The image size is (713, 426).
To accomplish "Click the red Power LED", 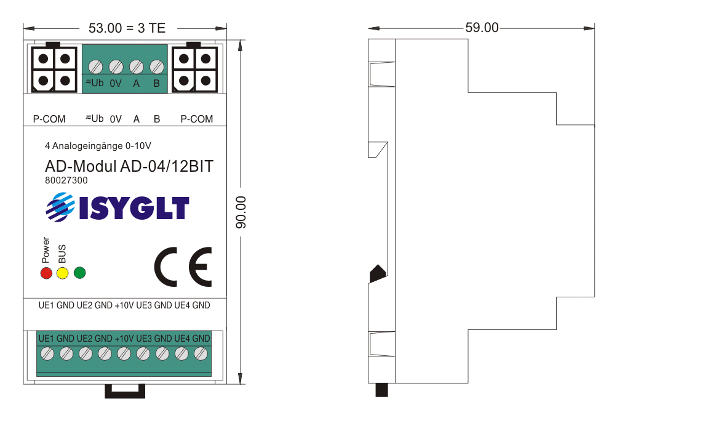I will pos(46,273).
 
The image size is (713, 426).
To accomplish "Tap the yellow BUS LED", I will pos(62,273).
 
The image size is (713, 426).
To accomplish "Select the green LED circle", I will pos(79,272).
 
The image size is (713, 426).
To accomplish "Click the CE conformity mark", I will pos(183,267).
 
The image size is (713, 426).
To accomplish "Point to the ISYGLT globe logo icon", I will pos(60,207).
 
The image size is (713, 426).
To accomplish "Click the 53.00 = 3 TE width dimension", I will pos(127,28).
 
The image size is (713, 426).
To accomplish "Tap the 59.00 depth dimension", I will pos(482,28).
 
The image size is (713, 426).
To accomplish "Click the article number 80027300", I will pos(66,181).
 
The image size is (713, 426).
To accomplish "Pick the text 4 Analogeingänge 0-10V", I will pos(98,147).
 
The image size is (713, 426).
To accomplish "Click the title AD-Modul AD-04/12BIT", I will pos(129,167).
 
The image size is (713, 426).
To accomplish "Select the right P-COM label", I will pos(197,119).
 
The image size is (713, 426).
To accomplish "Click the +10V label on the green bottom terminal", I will pos(124,339).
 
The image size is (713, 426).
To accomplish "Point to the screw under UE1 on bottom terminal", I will pos(47,353).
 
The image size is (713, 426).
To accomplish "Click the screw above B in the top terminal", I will pos(156,66).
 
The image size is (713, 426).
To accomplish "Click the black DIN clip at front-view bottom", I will pos(125,391).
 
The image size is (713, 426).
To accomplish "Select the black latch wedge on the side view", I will pos(376,273).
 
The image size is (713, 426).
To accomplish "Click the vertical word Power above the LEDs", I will pos(46,249).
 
